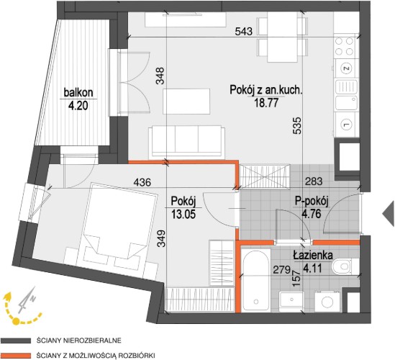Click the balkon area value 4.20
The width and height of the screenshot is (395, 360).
(78, 106)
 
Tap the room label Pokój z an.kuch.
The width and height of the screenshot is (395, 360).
(265, 90)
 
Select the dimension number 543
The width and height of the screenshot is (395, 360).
(244, 32)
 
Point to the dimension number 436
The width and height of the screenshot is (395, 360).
(142, 182)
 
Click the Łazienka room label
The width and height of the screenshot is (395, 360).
(313, 256)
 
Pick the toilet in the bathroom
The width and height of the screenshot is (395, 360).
(342, 266)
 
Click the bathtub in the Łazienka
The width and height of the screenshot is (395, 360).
(255, 280)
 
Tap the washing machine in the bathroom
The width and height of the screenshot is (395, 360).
(327, 301)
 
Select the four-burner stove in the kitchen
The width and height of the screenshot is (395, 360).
(344, 46)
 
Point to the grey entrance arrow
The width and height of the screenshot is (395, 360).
(389, 213)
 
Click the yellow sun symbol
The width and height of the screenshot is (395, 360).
(16, 321)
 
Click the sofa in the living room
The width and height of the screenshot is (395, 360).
(186, 141)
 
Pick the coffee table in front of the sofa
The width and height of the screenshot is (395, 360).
(186, 101)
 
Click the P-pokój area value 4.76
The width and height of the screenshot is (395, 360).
(312, 214)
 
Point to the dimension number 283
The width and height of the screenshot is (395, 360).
(314, 181)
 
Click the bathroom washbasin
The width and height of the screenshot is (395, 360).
(291, 302)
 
